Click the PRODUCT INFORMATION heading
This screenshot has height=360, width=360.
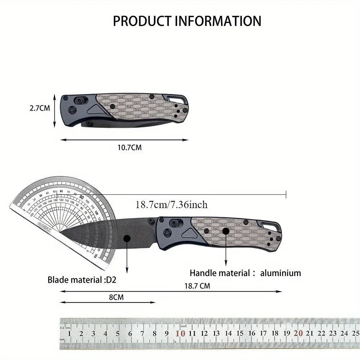(187, 21)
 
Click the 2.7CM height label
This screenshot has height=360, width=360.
(40, 108)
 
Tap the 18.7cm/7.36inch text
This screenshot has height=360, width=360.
(171, 205)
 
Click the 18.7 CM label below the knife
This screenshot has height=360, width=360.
(197, 286)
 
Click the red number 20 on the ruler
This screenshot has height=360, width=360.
(298, 333)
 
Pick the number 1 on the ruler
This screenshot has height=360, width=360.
(69, 333)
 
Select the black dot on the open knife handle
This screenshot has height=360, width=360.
(226, 231)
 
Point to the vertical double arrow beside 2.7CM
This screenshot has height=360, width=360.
(55, 111)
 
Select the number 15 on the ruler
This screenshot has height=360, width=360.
(239, 333)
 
